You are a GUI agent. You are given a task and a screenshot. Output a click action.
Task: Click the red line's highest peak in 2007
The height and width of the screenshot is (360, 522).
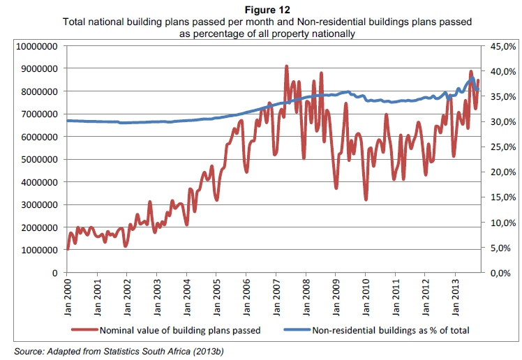[x=287, y=66]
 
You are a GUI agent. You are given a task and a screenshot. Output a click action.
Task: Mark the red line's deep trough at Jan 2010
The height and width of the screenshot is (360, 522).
[x=366, y=199]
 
